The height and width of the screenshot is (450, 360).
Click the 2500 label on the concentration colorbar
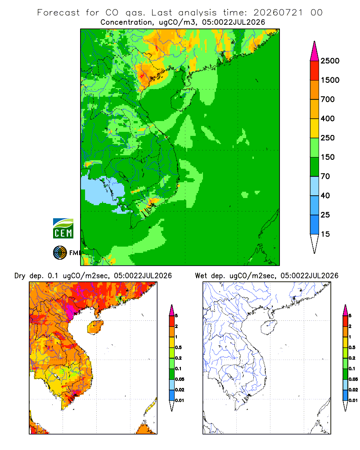click(330, 61)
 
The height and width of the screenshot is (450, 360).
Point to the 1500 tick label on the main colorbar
click(330, 80)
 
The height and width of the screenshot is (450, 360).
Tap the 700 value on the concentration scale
click(328, 99)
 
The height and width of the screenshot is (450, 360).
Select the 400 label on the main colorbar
click(328, 118)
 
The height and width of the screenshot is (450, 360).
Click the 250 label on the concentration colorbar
click(328, 138)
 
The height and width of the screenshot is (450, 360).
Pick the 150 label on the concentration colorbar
click(328, 157)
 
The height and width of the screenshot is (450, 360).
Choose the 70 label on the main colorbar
click(325, 176)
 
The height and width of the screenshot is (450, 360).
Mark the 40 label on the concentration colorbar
click(325, 195)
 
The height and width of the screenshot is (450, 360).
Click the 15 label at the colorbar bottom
click(325, 234)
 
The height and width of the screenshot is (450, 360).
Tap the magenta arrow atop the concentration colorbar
click(315, 52)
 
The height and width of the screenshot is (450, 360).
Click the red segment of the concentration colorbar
click(315, 71)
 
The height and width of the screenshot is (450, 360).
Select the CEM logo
click(63, 229)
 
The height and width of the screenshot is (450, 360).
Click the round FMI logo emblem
click(60, 253)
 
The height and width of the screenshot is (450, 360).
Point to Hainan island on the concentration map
click(183, 99)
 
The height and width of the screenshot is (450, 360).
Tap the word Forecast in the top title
click(58, 13)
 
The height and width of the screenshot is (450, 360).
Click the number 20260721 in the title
click(278, 13)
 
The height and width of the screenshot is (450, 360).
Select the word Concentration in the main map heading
click(126, 22)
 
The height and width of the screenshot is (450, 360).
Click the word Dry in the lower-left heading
click(20, 276)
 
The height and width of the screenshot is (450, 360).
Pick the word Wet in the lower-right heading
click(201, 276)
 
